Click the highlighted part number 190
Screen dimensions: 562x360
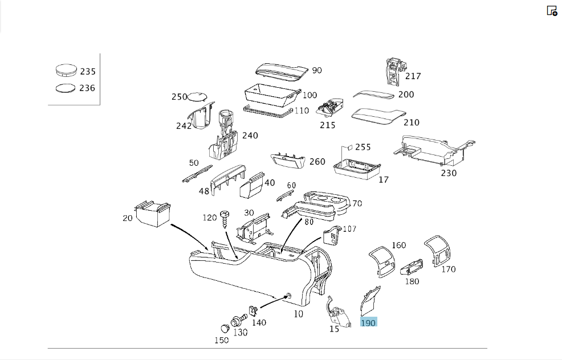click(x=368, y=323)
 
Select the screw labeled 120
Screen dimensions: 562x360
click(x=225, y=219)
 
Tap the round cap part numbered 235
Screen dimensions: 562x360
click(x=66, y=70)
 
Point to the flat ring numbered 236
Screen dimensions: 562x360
click(x=66, y=88)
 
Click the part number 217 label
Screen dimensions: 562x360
click(x=413, y=76)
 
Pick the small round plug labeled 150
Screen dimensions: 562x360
click(x=225, y=329)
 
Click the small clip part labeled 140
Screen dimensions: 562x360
click(x=254, y=311)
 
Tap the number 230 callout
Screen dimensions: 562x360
click(x=449, y=173)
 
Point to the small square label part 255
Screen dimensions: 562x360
click(x=349, y=148)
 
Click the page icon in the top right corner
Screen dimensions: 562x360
click(x=552, y=11)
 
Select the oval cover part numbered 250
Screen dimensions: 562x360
click(x=197, y=96)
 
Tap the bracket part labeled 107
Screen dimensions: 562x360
click(x=332, y=235)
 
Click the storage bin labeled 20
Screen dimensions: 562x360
click(x=152, y=214)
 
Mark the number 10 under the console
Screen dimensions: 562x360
click(x=298, y=314)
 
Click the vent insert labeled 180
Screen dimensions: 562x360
click(x=412, y=267)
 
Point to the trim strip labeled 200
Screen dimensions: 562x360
click(x=373, y=95)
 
